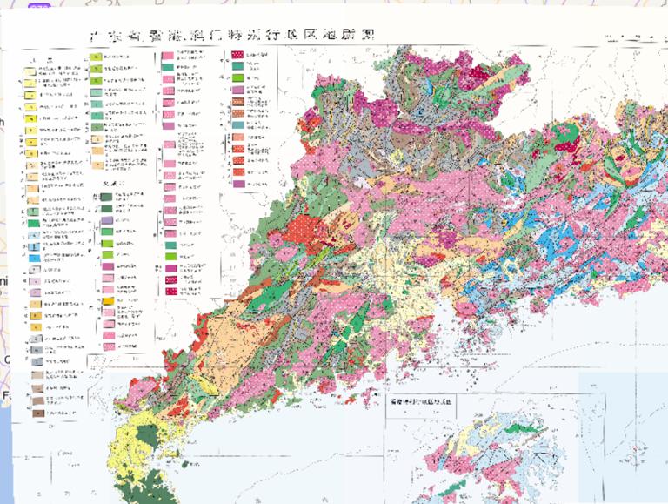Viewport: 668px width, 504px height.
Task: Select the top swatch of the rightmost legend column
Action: [x=237, y=54]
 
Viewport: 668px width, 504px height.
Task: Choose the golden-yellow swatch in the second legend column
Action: [x=108, y=300]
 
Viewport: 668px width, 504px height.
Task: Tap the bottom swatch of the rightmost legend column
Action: [x=237, y=184]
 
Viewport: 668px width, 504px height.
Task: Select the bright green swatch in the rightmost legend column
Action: [x=237, y=78]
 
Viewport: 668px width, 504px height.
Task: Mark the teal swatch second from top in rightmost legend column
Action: [x=237, y=66]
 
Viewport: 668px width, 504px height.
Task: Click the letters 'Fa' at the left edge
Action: [x=5, y=395]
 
